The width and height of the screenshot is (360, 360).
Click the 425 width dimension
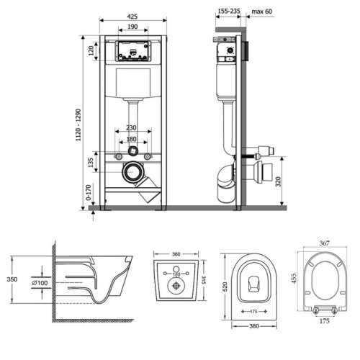coord(132,17)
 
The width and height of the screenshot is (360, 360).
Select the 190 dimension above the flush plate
coord(132,27)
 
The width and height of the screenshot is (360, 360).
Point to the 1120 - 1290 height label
coord(78,125)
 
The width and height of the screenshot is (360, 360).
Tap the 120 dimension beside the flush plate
coord(91,51)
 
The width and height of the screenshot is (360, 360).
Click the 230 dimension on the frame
coord(131,127)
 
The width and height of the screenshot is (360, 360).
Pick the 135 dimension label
coord(91,163)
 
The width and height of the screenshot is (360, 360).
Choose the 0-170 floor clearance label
coord(89,192)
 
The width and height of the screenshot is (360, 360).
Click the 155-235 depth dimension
coord(229,11)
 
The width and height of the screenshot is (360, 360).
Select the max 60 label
coord(262,12)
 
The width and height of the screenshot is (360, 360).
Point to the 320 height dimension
coord(278,181)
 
